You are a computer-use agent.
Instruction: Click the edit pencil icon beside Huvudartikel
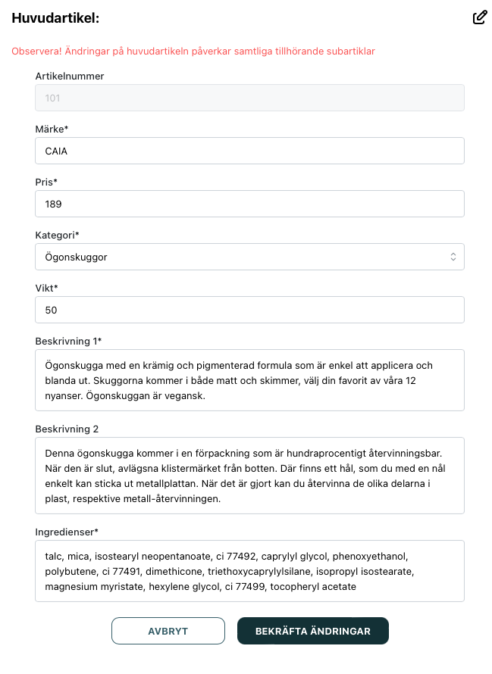479,17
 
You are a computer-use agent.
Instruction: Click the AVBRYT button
168,631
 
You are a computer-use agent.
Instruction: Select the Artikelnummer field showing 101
249,98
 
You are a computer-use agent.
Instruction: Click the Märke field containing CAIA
249,151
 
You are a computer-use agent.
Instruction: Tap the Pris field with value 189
249,204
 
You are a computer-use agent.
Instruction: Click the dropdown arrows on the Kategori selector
453,257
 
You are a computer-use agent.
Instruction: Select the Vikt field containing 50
249,310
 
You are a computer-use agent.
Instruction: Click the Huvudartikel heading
55,17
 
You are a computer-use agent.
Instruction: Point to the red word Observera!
35,51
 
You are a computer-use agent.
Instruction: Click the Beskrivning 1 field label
67,341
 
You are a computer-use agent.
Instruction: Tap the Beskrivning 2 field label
67,429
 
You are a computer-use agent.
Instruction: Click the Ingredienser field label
67,532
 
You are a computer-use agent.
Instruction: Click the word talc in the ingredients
54,556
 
